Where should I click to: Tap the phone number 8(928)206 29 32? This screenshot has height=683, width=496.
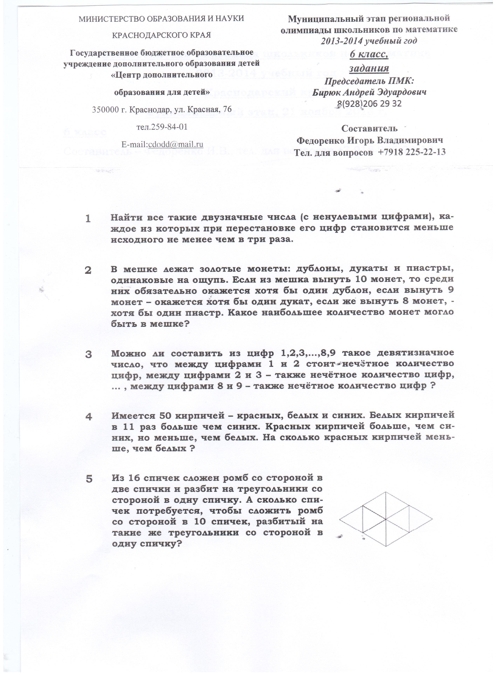click(369, 104)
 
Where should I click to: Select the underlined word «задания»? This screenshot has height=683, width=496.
click(369, 68)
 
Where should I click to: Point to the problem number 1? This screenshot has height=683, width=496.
click(88, 219)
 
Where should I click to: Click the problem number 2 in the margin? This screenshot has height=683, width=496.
click(88, 271)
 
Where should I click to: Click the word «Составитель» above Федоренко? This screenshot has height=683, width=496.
click(369, 129)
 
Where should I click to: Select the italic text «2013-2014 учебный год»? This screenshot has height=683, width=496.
click(369, 41)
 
